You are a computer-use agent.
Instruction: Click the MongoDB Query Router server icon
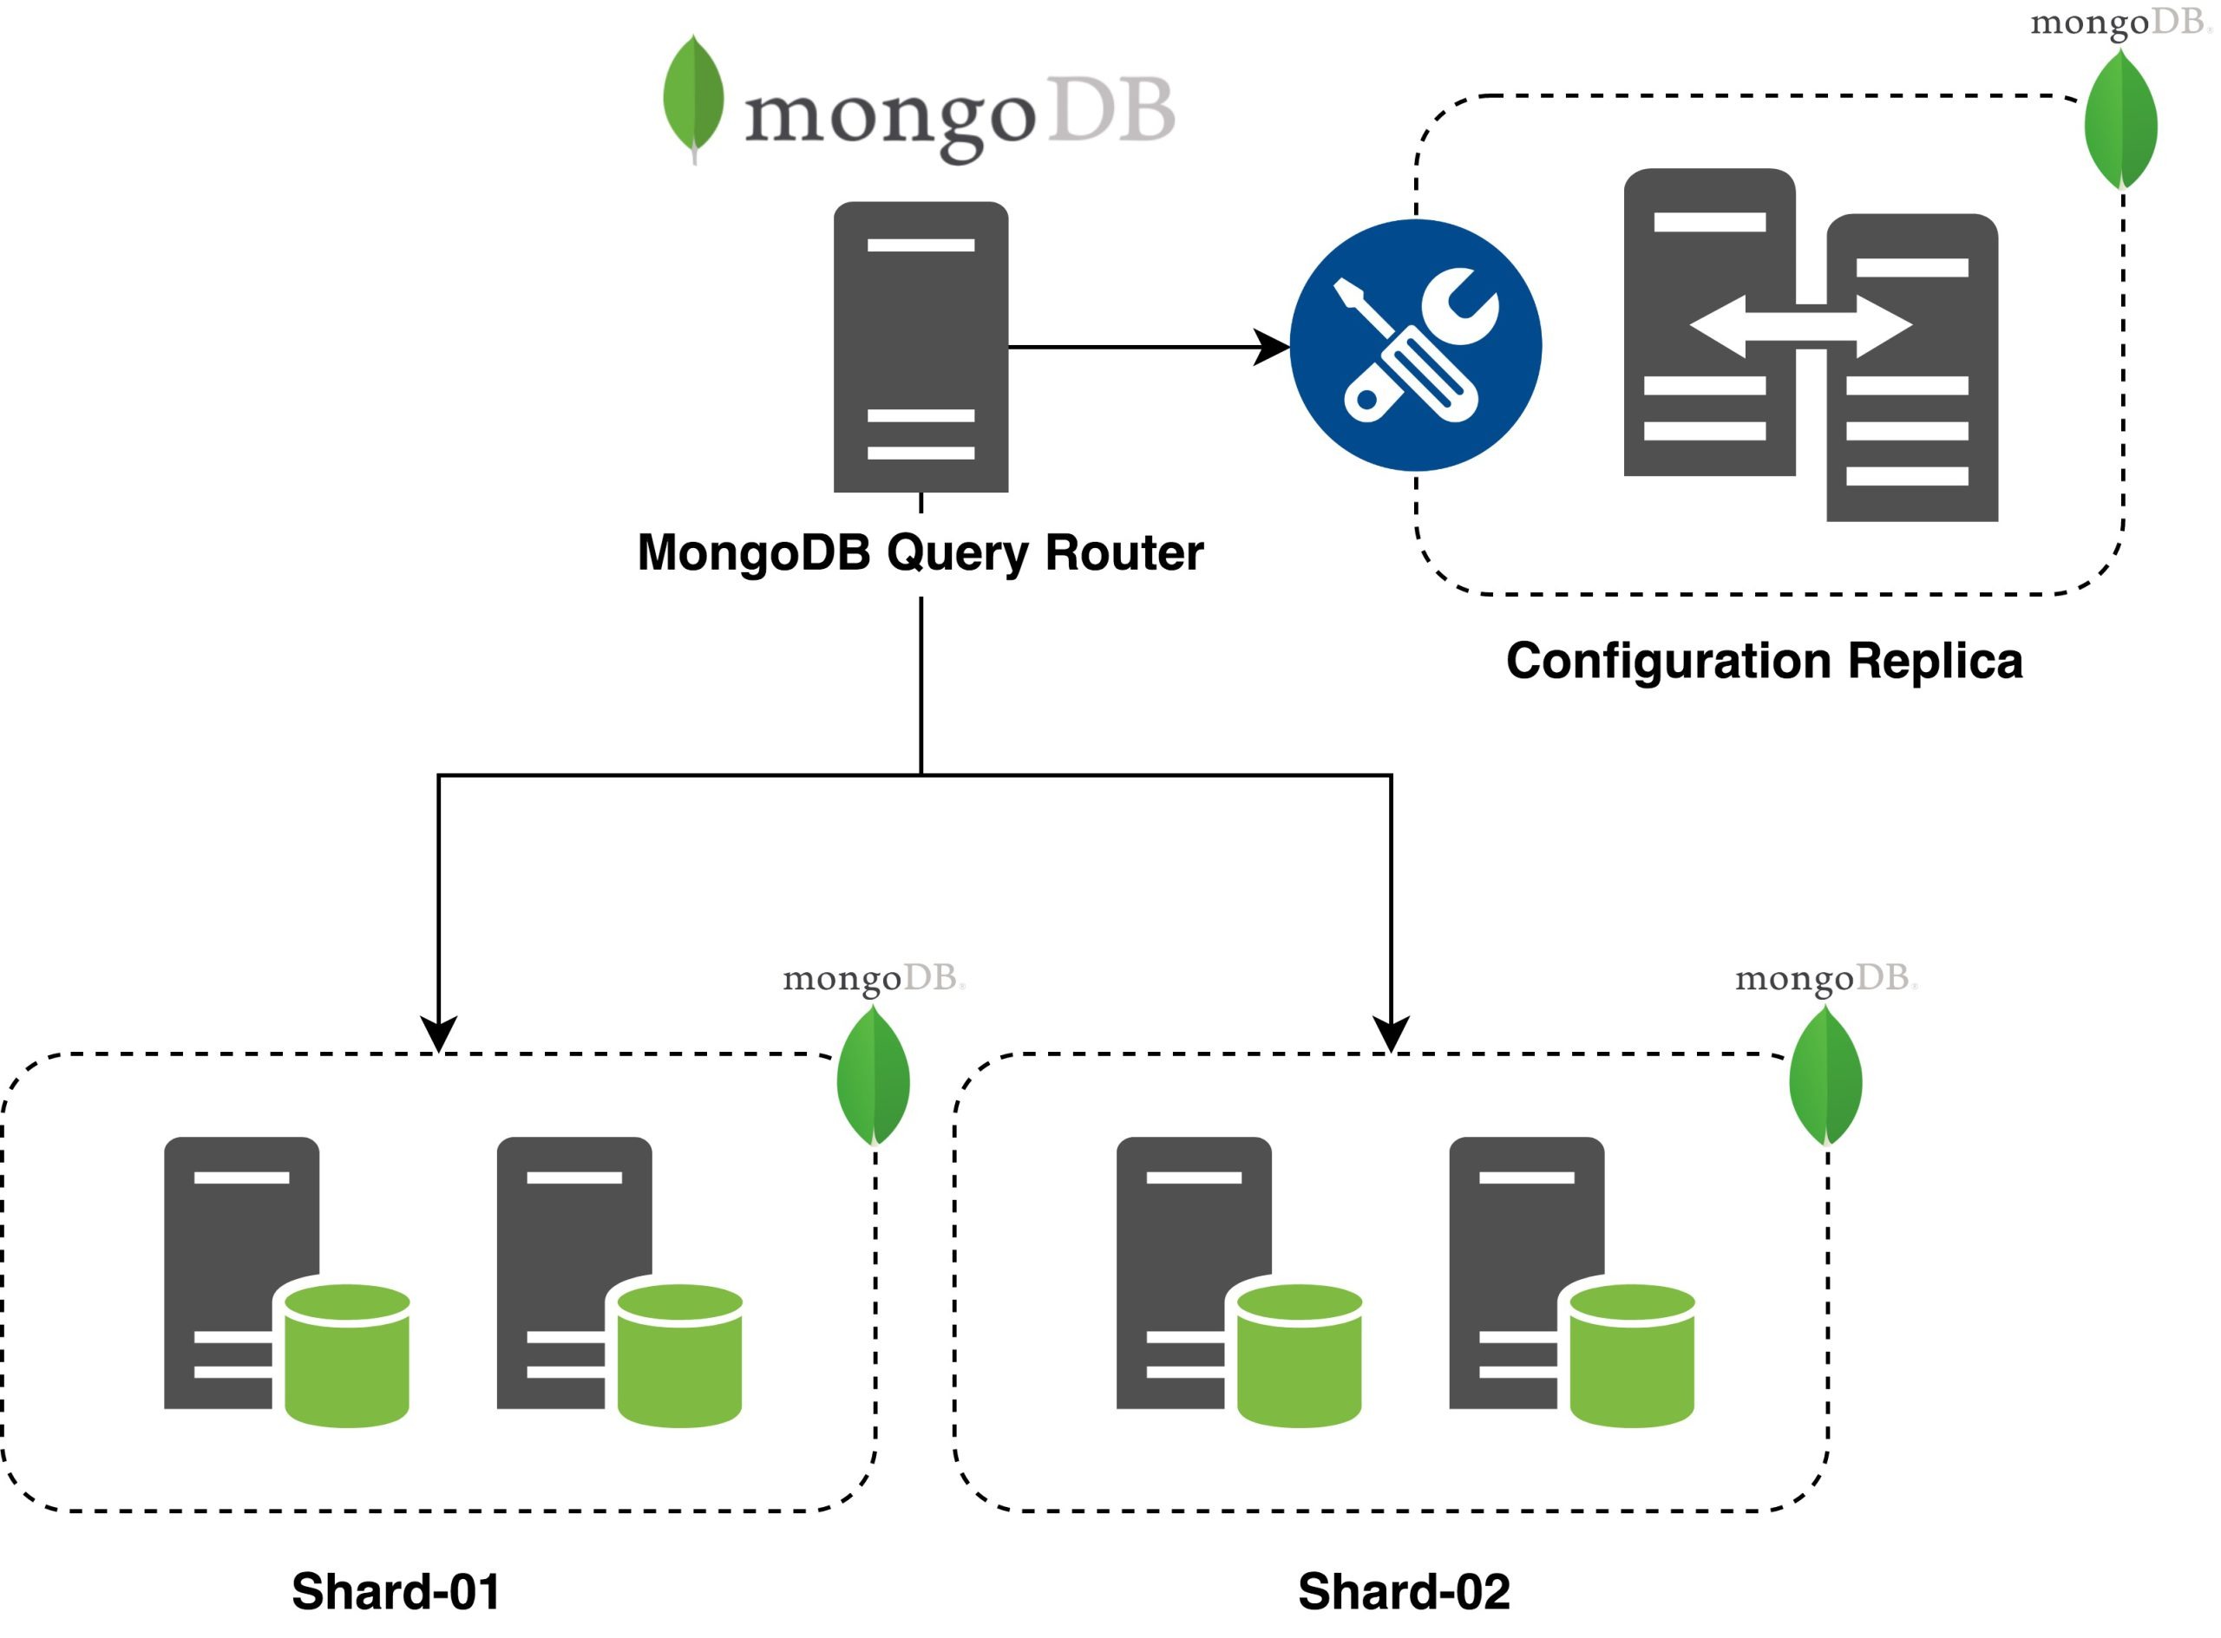pos(921,347)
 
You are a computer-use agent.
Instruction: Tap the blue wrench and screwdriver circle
pos(1416,345)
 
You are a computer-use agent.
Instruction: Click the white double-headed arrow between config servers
pos(1800,326)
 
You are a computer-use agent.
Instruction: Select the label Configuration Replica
pos(1764,661)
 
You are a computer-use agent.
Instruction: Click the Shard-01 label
pos(396,1591)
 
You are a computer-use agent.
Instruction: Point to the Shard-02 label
pos(1404,1591)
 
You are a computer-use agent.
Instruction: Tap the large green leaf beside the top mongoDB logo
pos(693,96)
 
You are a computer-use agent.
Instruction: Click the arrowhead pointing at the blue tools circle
pos(1271,347)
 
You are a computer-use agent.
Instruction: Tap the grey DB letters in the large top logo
pos(1111,109)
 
